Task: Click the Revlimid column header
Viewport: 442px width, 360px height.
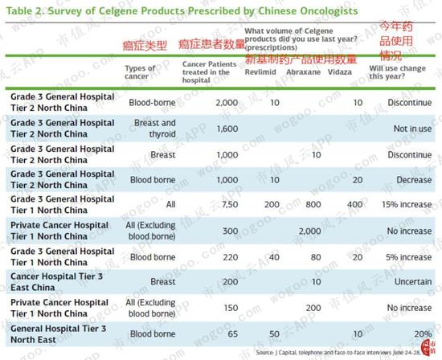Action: [260, 72]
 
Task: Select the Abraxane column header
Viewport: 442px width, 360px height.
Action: [303, 72]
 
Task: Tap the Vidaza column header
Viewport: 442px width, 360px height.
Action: [339, 72]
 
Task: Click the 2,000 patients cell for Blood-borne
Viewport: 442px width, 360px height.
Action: [227, 103]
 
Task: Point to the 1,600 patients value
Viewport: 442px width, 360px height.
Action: [227, 129]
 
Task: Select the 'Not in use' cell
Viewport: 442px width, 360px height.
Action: [412, 129]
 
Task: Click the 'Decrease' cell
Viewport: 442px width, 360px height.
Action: [414, 180]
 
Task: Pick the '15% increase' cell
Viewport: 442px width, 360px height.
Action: [407, 204]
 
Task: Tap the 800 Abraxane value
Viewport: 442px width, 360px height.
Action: [313, 204]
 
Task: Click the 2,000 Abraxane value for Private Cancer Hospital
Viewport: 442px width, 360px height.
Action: [309, 231]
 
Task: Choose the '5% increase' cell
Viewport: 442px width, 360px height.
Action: [408, 257]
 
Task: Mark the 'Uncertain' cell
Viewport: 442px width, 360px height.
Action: [413, 281]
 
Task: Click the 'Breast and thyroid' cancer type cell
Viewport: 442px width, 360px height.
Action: [155, 129]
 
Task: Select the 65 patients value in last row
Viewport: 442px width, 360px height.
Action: [232, 334]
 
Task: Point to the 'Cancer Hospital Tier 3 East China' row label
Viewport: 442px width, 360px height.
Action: [56, 282]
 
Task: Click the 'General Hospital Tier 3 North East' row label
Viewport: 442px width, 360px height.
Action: [58, 334]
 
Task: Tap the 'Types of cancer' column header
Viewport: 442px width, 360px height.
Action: [140, 72]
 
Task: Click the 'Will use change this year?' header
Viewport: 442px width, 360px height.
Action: [398, 72]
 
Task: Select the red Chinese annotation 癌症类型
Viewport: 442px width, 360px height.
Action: [145, 46]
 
